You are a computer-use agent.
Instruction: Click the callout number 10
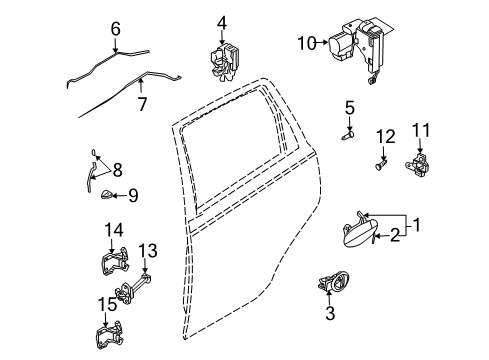(307, 42)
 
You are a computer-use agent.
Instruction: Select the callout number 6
(116, 30)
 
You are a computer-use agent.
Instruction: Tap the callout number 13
(148, 250)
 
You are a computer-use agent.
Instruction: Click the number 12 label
(385, 135)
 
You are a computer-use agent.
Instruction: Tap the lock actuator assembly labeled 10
(360, 48)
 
